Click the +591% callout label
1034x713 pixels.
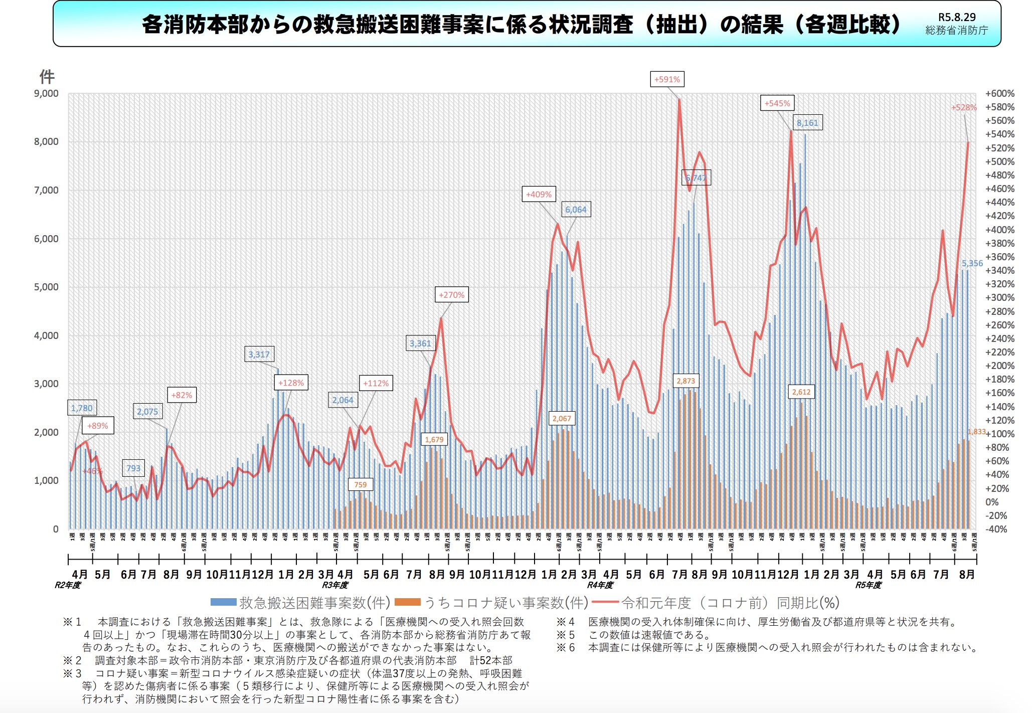[x=667, y=79]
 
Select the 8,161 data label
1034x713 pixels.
[x=807, y=123]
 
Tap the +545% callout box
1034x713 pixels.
[x=777, y=103]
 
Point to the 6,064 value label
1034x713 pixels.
[x=576, y=210]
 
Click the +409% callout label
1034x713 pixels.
[x=539, y=195]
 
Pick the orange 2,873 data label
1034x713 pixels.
[x=685, y=381]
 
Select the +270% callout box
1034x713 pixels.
[x=451, y=295]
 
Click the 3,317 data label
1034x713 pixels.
[x=259, y=354]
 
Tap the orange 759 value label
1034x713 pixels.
[x=360, y=485]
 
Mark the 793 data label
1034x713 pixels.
[x=133, y=468]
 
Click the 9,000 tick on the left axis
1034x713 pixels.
[x=46, y=94]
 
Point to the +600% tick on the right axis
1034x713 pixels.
[x=999, y=94]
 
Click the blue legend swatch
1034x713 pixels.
[x=223, y=602]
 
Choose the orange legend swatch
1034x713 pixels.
[x=407, y=602]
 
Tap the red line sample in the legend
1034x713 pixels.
[x=605, y=602]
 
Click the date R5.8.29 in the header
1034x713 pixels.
[x=957, y=17]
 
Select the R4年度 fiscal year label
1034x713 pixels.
[x=600, y=585]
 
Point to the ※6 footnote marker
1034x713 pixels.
[x=566, y=648]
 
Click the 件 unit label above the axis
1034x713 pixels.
[x=47, y=77]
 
